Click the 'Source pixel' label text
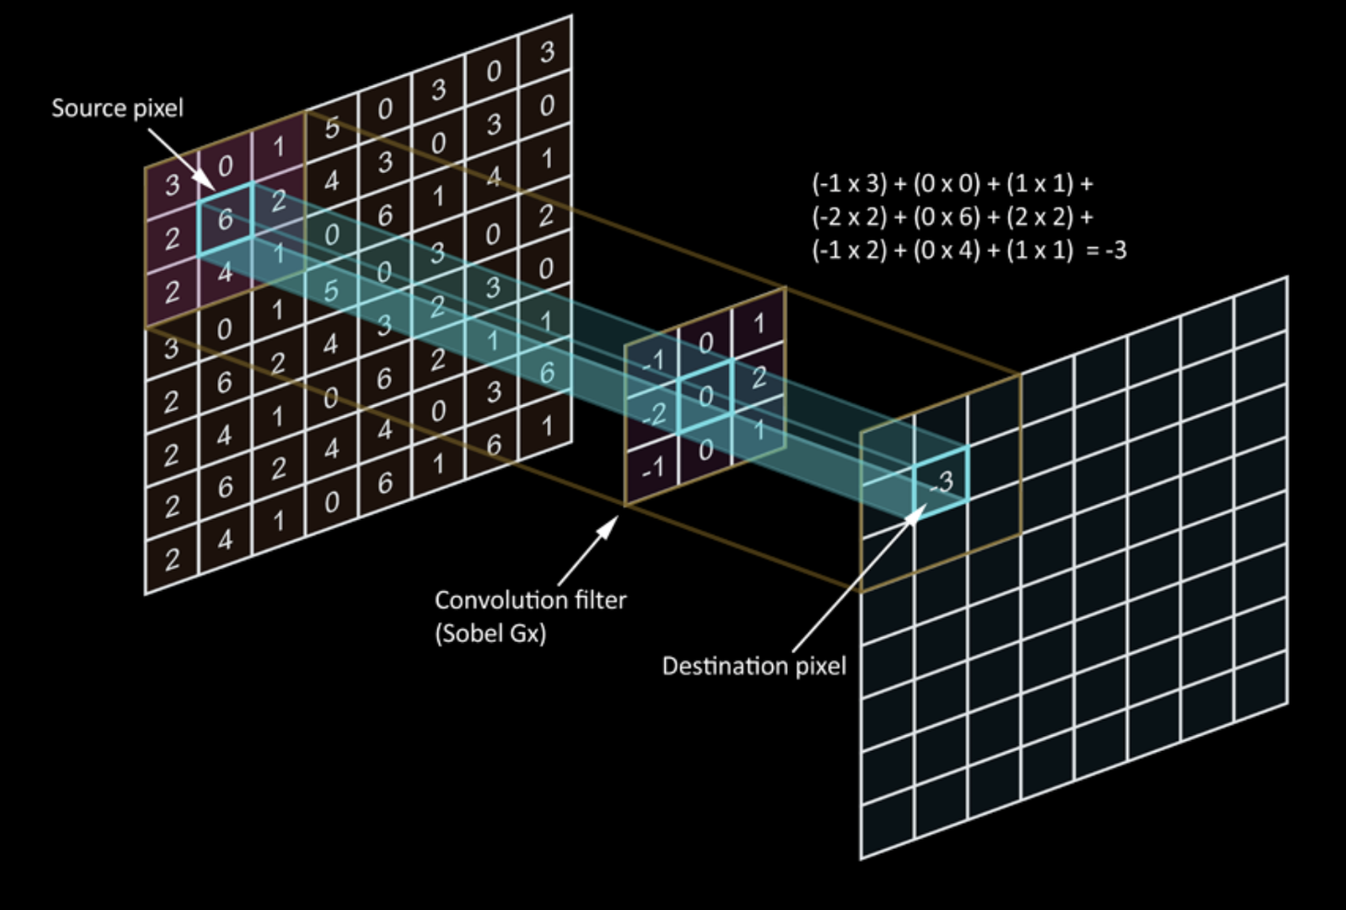pos(117,108)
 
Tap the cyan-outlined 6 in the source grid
pos(225,219)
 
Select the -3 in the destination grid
pos(942,481)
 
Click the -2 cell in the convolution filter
pos(654,413)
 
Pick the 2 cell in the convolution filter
pos(759,376)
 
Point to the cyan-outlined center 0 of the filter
pos(705,396)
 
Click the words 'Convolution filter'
pos(530,600)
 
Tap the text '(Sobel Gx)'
pos(490,633)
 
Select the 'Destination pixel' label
pos(753,666)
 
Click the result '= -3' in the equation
pos(1106,250)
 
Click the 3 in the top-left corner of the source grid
pos(172,185)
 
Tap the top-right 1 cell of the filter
pos(759,324)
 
